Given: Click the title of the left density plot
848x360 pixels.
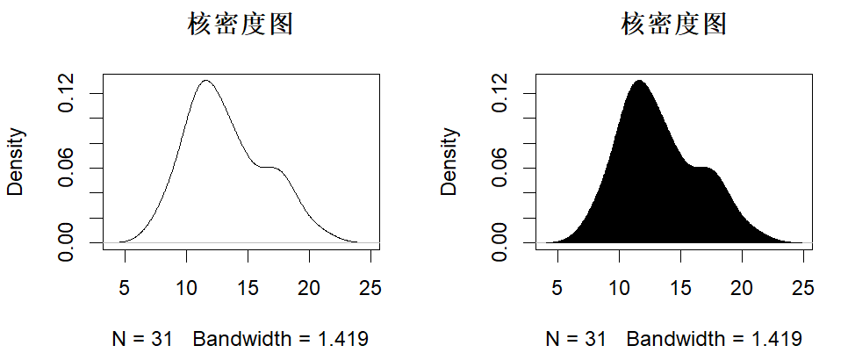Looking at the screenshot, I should pos(241,25).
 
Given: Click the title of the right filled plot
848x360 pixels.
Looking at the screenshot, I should pos(673,25).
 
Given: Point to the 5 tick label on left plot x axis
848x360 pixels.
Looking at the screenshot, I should pos(125,287).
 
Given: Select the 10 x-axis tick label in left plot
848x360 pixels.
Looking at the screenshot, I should pos(186,287).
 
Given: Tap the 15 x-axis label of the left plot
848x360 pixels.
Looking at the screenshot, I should pos(248,287).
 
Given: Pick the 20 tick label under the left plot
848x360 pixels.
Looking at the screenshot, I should pos(309,287).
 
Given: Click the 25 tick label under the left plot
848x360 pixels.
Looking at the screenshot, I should pos(370,287).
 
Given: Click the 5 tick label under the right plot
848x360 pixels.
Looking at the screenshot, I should pos(557,287).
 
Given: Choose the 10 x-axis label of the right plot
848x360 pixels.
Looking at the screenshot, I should pos(619,287).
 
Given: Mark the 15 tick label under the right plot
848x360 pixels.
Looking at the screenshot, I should pos(680,287).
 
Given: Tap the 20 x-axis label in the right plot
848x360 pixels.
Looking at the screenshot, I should pos(742,287).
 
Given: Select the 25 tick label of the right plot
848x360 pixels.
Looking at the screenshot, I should pos(803,287).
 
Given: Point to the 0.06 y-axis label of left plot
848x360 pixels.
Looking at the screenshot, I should pos(68,167).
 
